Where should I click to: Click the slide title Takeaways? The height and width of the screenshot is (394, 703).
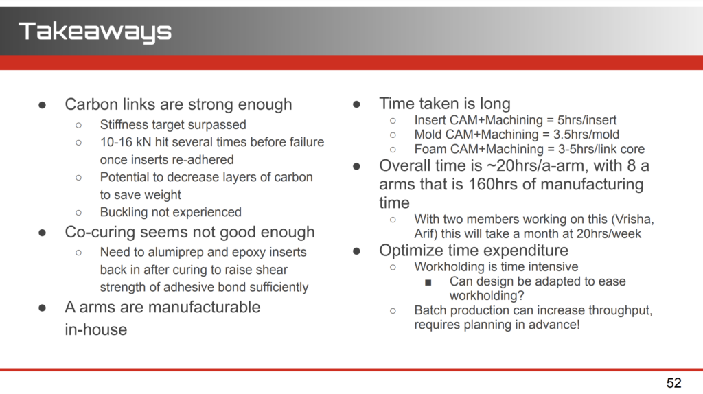pos(95,32)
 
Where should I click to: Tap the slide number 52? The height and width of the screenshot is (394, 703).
pos(674,383)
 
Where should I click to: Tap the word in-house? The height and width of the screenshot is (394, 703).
pos(96,329)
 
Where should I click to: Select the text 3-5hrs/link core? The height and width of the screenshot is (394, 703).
pos(601,149)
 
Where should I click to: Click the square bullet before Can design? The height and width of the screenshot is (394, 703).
pos(428,282)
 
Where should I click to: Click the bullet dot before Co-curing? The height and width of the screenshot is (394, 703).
pos(43,233)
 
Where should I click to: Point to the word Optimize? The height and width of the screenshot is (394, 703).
pos(406,251)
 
